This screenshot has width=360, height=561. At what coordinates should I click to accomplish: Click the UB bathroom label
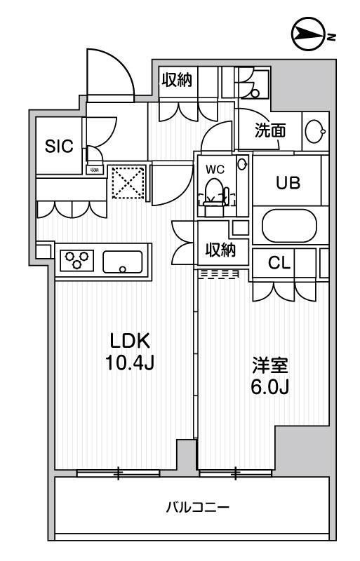(x=288, y=184)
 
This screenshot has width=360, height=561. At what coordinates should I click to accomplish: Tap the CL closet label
(x=280, y=264)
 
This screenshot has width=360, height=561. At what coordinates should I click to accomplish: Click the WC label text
(x=214, y=169)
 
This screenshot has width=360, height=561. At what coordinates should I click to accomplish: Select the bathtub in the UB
(x=288, y=227)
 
